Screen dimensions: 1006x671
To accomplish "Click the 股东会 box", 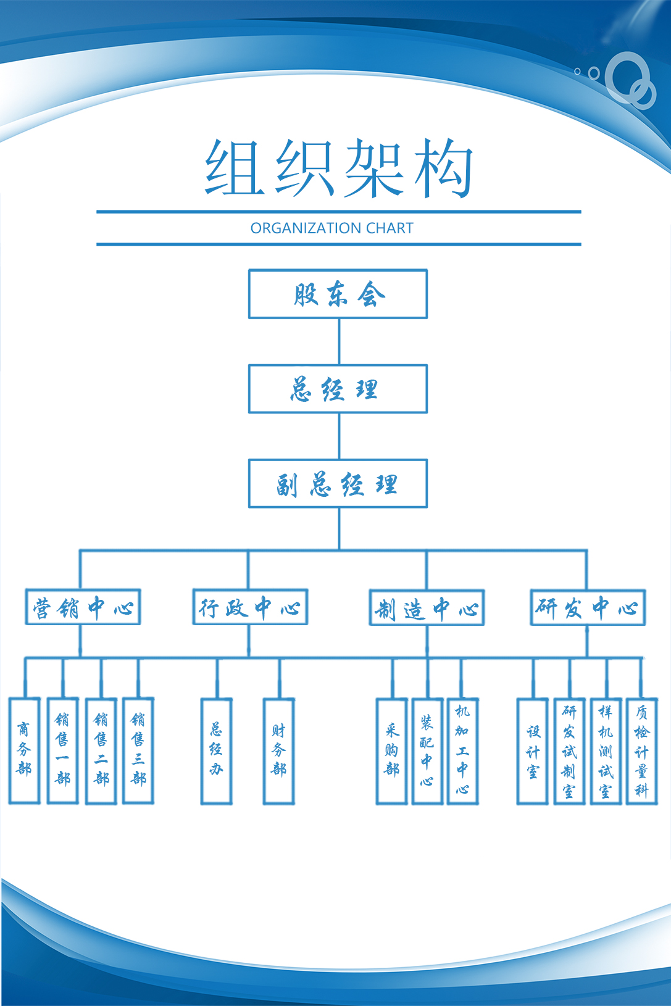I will point(338,294).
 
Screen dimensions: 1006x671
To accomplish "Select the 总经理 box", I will point(338,389).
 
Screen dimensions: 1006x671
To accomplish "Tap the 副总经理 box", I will point(338,484).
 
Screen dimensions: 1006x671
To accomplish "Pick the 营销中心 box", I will point(83,608).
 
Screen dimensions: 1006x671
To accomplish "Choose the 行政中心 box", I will point(250,608).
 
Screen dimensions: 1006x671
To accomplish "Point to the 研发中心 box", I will point(588,608).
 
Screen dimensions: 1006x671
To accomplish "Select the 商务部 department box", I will point(25,750).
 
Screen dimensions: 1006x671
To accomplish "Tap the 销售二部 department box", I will point(101,750).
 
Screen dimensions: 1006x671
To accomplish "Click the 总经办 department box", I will point(217,750).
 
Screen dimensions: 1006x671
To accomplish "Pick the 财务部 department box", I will point(278,750).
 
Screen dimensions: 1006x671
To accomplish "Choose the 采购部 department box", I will point(392,750).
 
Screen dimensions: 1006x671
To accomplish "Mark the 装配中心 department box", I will point(427,750).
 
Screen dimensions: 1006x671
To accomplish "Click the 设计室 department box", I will point(533,750).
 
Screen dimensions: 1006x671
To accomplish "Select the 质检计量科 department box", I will point(642,750).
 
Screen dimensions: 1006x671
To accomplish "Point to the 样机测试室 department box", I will point(606,750).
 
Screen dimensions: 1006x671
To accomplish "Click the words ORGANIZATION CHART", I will point(332,228).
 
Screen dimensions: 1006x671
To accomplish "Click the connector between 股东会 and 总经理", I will point(339,341).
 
